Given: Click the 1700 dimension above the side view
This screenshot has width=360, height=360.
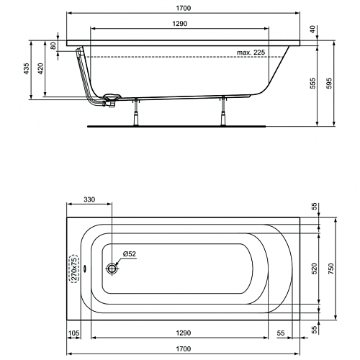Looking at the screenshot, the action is [184, 8].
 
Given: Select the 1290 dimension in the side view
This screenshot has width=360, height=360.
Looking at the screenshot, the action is [180, 24].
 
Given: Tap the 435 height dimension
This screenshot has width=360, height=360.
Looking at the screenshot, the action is [27, 68].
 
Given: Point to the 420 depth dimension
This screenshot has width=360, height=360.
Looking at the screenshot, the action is [40, 68].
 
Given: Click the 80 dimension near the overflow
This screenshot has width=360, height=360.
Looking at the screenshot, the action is [53, 45].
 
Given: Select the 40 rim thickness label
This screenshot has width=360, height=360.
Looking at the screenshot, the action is [312, 30].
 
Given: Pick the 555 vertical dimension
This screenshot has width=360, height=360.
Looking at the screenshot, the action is [312, 83].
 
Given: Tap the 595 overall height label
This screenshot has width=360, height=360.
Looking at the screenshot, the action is [329, 83].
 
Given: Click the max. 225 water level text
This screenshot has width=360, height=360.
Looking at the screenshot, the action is [251, 53].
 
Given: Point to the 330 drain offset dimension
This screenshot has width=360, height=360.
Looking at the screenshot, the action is [89, 199].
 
